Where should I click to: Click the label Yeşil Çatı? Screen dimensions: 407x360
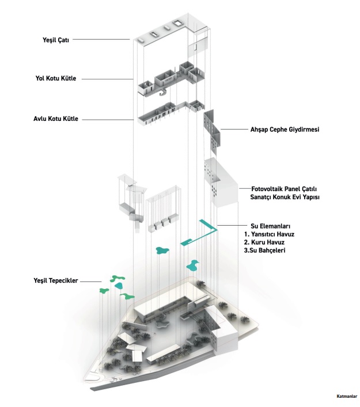53,40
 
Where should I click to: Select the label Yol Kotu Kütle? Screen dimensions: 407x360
55,78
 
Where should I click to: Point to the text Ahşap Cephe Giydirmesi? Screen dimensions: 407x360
285,130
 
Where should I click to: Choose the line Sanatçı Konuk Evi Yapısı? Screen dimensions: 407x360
285,197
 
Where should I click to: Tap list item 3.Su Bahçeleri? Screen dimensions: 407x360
265,251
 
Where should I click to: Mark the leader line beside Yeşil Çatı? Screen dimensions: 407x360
101,40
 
